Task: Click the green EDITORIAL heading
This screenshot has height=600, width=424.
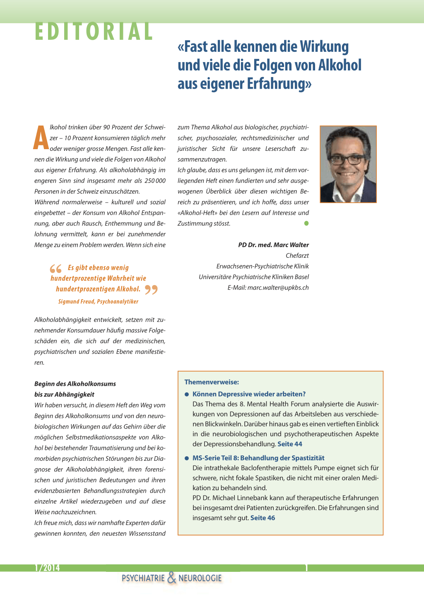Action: [x=94, y=32]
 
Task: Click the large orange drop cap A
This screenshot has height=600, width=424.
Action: [x=41, y=138]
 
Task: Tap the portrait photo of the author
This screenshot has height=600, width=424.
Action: [x=348, y=164]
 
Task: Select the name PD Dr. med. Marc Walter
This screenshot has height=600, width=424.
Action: [x=273, y=245]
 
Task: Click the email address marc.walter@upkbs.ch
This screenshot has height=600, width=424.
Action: [x=278, y=288]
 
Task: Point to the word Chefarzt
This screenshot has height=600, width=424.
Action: [x=297, y=256]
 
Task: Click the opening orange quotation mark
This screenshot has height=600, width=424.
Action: [x=55, y=269]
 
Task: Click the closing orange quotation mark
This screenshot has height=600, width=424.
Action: [x=152, y=290]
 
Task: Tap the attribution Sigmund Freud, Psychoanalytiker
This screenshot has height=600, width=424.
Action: [x=98, y=302]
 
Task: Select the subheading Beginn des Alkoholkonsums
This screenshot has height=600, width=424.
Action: [x=75, y=384]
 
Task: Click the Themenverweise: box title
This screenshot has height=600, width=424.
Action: [x=212, y=382]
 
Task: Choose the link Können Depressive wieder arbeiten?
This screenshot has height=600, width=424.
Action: [x=249, y=394]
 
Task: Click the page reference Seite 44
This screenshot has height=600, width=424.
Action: [x=290, y=444]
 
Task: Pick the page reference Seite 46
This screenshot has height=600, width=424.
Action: [x=263, y=518]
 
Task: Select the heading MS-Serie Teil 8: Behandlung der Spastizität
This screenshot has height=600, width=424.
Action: [x=258, y=458]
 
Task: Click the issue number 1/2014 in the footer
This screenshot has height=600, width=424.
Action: [x=47, y=568]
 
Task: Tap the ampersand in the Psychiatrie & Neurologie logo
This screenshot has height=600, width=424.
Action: [x=171, y=578]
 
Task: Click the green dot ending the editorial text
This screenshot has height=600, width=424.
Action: [x=306, y=223]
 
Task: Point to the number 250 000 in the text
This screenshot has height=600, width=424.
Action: [x=155, y=181]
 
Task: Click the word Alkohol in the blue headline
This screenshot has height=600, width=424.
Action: [x=340, y=65]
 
